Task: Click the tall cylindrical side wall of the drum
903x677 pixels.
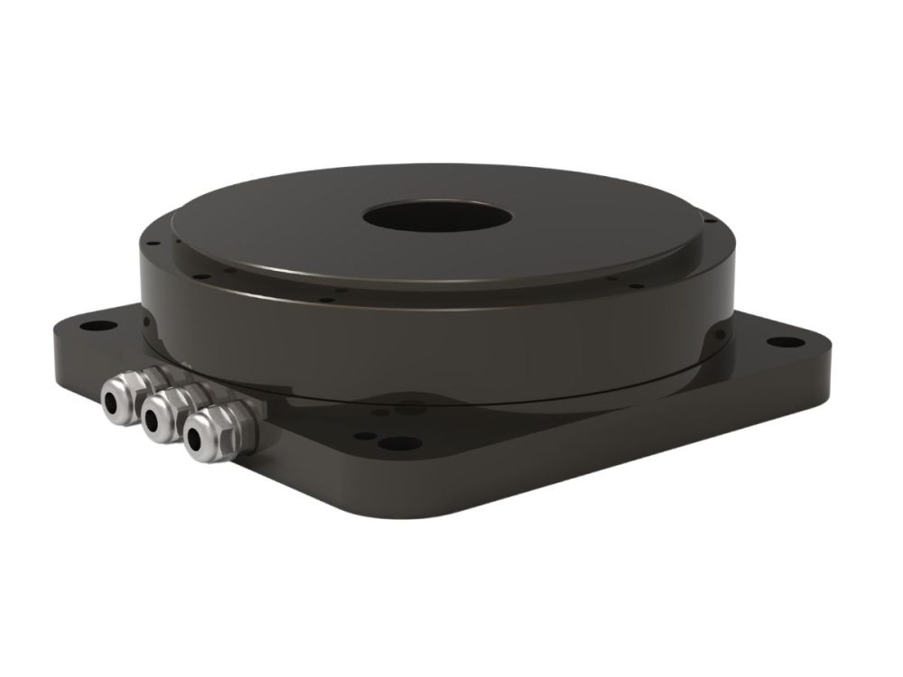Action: click(433, 343)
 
